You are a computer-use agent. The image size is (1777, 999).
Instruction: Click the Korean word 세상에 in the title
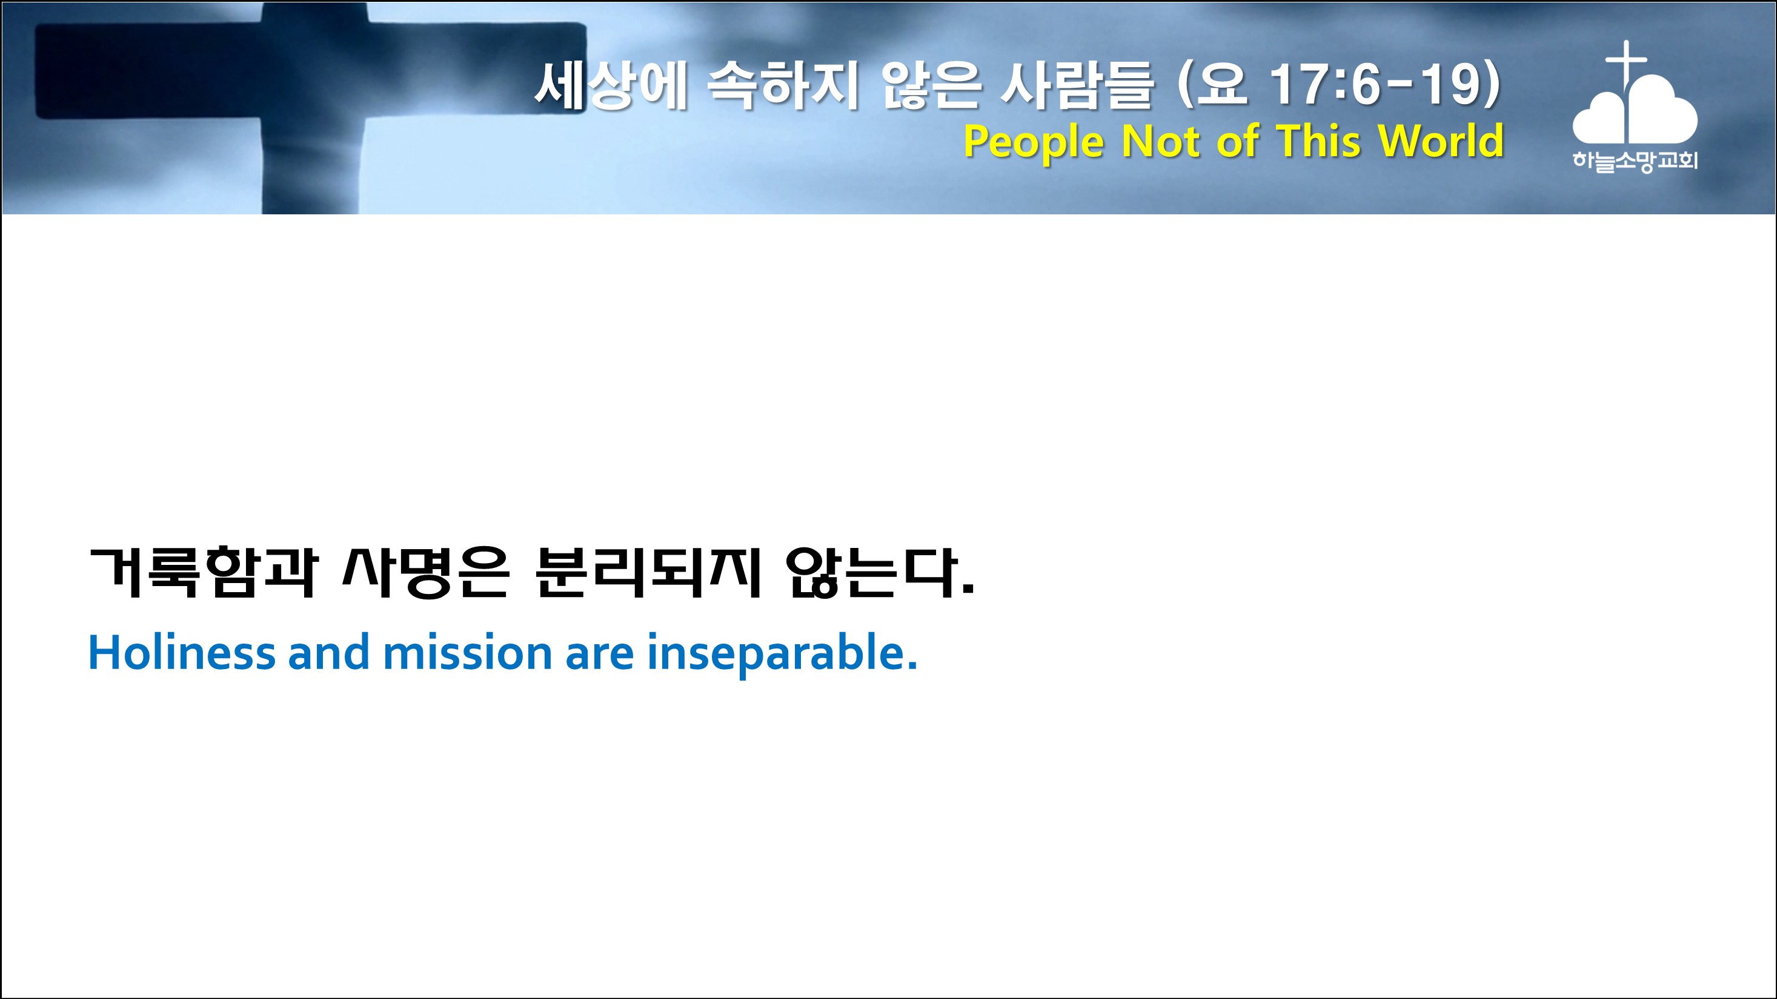[x=611, y=85]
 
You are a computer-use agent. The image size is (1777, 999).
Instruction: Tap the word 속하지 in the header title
[x=782, y=85]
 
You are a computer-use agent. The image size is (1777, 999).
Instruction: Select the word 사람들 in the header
[x=1076, y=85]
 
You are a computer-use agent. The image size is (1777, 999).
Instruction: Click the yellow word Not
[x=1163, y=140]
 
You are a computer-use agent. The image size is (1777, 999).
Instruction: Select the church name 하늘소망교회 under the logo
[x=1635, y=160]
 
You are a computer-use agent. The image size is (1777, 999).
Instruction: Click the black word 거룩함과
[x=204, y=572]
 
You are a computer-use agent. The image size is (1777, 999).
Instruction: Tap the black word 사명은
[x=426, y=572]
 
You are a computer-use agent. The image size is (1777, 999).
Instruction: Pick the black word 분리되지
[x=648, y=572]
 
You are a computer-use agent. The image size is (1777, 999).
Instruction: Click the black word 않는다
[x=880, y=573]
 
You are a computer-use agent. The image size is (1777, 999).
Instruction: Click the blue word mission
[x=468, y=652]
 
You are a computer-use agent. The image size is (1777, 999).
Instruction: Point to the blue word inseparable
[x=782, y=654]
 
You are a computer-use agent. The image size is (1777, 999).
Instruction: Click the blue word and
[x=328, y=652]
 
